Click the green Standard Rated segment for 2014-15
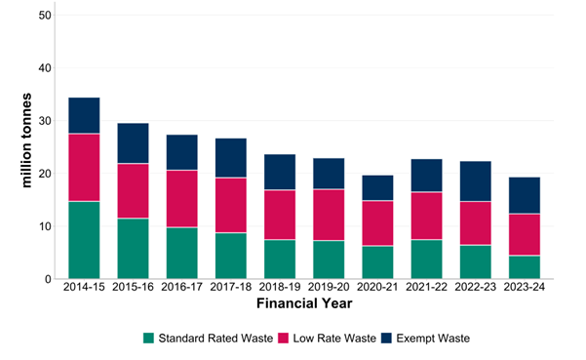click(84, 240)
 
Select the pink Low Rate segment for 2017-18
click(230, 205)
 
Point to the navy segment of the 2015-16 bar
click(133, 143)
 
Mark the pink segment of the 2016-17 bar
click(181, 199)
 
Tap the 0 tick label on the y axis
click(45, 280)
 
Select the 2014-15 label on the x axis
click(84, 291)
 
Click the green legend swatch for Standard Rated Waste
click(148, 338)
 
